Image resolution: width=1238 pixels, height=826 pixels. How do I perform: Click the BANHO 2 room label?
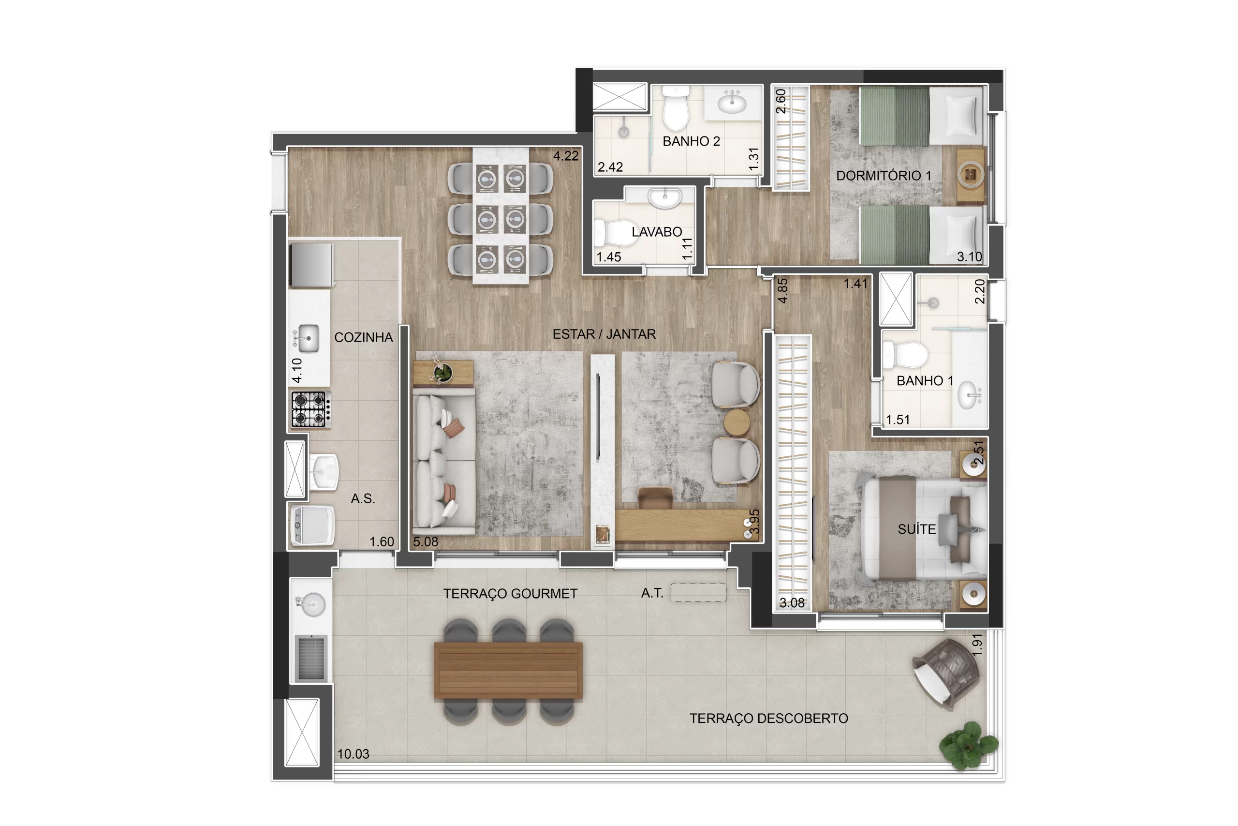(x=691, y=141)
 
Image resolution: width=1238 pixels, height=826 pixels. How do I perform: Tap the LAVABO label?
(x=656, y=232)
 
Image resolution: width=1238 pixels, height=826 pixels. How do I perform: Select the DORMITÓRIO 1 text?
(x=884, y=176)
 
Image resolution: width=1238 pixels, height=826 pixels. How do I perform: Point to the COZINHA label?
(x=363, y=337)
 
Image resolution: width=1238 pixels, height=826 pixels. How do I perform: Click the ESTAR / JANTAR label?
(x=604, y=334)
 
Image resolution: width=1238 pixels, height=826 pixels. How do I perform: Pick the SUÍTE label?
(x=916, y=529)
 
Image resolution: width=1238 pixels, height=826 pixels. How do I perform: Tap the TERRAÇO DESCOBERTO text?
(x=768, y=718)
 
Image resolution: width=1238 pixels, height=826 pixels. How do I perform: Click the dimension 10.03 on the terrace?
(x=353, y=754)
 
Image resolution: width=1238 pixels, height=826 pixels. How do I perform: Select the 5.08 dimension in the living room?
(x=425, y=541)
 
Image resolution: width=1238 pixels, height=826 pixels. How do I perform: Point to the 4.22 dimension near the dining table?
(x=566, y=156)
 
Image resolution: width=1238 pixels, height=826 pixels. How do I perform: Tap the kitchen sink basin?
(x=308, y=338)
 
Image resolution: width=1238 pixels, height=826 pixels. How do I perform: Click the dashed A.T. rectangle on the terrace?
(x=698, y=593)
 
